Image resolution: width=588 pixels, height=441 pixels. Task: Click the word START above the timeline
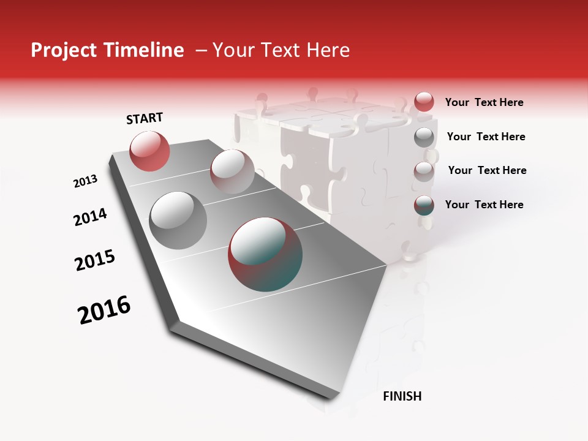145,118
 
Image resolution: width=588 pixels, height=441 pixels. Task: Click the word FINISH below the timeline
402,396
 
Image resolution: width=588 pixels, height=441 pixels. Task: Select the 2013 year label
85,181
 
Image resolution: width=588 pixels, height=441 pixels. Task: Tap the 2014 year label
90,217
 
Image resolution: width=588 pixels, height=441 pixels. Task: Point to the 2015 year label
95,260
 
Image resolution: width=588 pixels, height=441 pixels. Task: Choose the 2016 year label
104,310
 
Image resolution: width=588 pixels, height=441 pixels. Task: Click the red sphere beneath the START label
149,151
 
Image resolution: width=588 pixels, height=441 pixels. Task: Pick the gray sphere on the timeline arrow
178,220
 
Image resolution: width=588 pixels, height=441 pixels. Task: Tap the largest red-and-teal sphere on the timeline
265,254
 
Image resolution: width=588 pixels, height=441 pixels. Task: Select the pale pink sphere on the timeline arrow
232,171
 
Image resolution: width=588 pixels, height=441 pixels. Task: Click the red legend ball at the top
424,102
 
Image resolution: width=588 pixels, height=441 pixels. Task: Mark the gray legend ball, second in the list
424,137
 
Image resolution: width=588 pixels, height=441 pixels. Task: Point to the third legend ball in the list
424,171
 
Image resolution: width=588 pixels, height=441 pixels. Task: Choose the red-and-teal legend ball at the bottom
424,205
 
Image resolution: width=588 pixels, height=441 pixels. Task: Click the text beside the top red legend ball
484,102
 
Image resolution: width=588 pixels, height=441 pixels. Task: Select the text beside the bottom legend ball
484,205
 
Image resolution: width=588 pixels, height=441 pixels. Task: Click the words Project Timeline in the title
107,50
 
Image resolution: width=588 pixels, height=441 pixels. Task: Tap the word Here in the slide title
328,50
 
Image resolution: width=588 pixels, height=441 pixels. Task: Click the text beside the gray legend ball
486,137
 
